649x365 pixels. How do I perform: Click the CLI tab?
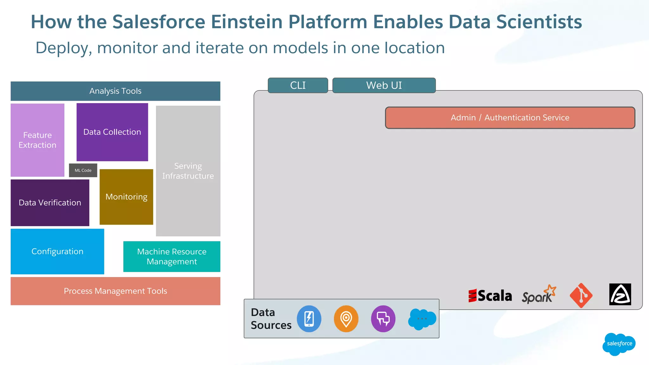(298, 85)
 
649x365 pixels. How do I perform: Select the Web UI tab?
(384, 85)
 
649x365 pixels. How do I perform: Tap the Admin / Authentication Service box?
(510, 118)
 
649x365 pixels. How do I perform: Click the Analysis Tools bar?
(115, 91)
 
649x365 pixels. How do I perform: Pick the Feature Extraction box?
(37, 140)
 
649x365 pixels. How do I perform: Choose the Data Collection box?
(112, 132)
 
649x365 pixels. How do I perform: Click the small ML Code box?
(83, 170)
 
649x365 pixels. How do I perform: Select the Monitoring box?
(126, 197)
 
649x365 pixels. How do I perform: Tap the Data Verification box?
(50, 203)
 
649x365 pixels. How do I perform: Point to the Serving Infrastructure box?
(188, 171)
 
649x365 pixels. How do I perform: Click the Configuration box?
(57, 252)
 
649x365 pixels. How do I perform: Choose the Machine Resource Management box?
(172, 257)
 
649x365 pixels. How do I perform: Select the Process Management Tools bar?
(115, 291)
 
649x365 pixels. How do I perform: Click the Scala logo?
(490, 296)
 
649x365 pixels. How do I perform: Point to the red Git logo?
(581, 295)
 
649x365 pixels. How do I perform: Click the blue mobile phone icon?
(309, 319)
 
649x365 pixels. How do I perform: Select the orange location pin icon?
(346, 319)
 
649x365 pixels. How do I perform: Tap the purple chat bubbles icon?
(383, 319)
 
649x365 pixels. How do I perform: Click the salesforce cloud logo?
(619, 344)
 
